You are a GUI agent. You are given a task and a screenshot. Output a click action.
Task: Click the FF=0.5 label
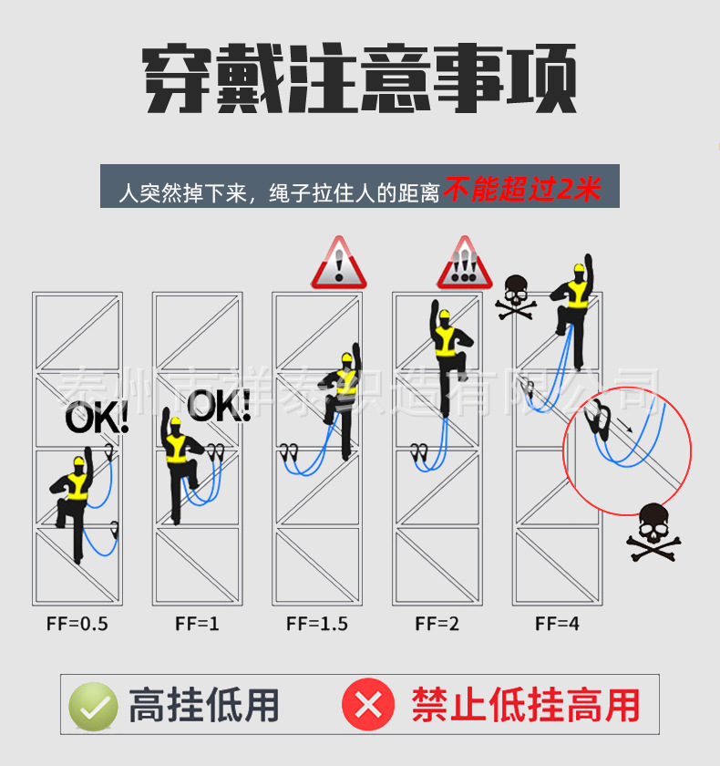click(77, 624)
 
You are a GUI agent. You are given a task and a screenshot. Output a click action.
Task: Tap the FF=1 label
click(197, 624)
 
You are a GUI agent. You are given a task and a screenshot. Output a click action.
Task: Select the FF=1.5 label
click(317, 624)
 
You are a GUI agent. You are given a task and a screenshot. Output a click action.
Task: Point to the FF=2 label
click(437, 624)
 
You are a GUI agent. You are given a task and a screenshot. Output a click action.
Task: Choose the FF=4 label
click(557, 624)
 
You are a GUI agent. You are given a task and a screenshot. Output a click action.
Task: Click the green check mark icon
click(93, 707)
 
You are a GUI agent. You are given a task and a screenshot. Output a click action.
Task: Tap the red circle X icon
click(368, 704)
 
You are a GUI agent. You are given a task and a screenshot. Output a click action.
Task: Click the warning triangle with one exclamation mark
click(339, 263)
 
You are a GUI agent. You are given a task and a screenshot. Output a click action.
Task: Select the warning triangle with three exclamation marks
click(464, 263)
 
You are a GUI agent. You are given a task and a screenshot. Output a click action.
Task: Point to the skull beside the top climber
click(516, 297)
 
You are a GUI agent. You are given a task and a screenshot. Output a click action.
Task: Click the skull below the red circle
click(654, 533)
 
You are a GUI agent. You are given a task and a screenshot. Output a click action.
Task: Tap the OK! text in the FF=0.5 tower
click(97, 418)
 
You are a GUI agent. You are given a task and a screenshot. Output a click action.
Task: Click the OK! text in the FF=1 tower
click(219, 406)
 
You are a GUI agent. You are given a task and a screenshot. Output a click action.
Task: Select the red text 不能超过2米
click(522, 189)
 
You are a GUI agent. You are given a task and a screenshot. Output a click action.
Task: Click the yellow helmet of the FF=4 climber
click(580, 268)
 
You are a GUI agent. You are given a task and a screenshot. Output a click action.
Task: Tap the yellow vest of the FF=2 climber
click(445, 340)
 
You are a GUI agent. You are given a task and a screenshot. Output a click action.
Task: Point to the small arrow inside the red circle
click(625, 425)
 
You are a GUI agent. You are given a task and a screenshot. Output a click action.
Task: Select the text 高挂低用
click(203, 706)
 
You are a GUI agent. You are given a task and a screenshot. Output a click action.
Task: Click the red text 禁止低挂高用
click(525, 705)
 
